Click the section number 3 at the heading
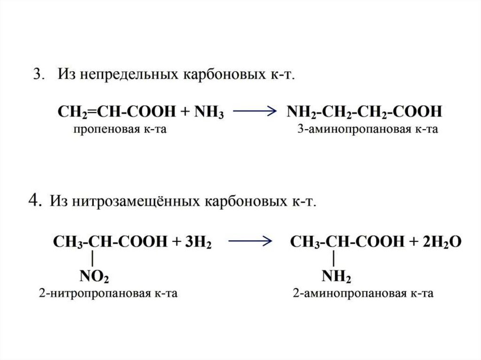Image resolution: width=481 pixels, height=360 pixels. pos(37,76)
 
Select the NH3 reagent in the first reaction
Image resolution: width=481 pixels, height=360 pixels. pos(207,112)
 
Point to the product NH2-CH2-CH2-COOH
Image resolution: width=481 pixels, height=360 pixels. pos(365,112)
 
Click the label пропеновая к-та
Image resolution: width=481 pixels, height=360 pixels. pos(119,129)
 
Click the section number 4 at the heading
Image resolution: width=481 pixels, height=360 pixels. pos(33,201)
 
